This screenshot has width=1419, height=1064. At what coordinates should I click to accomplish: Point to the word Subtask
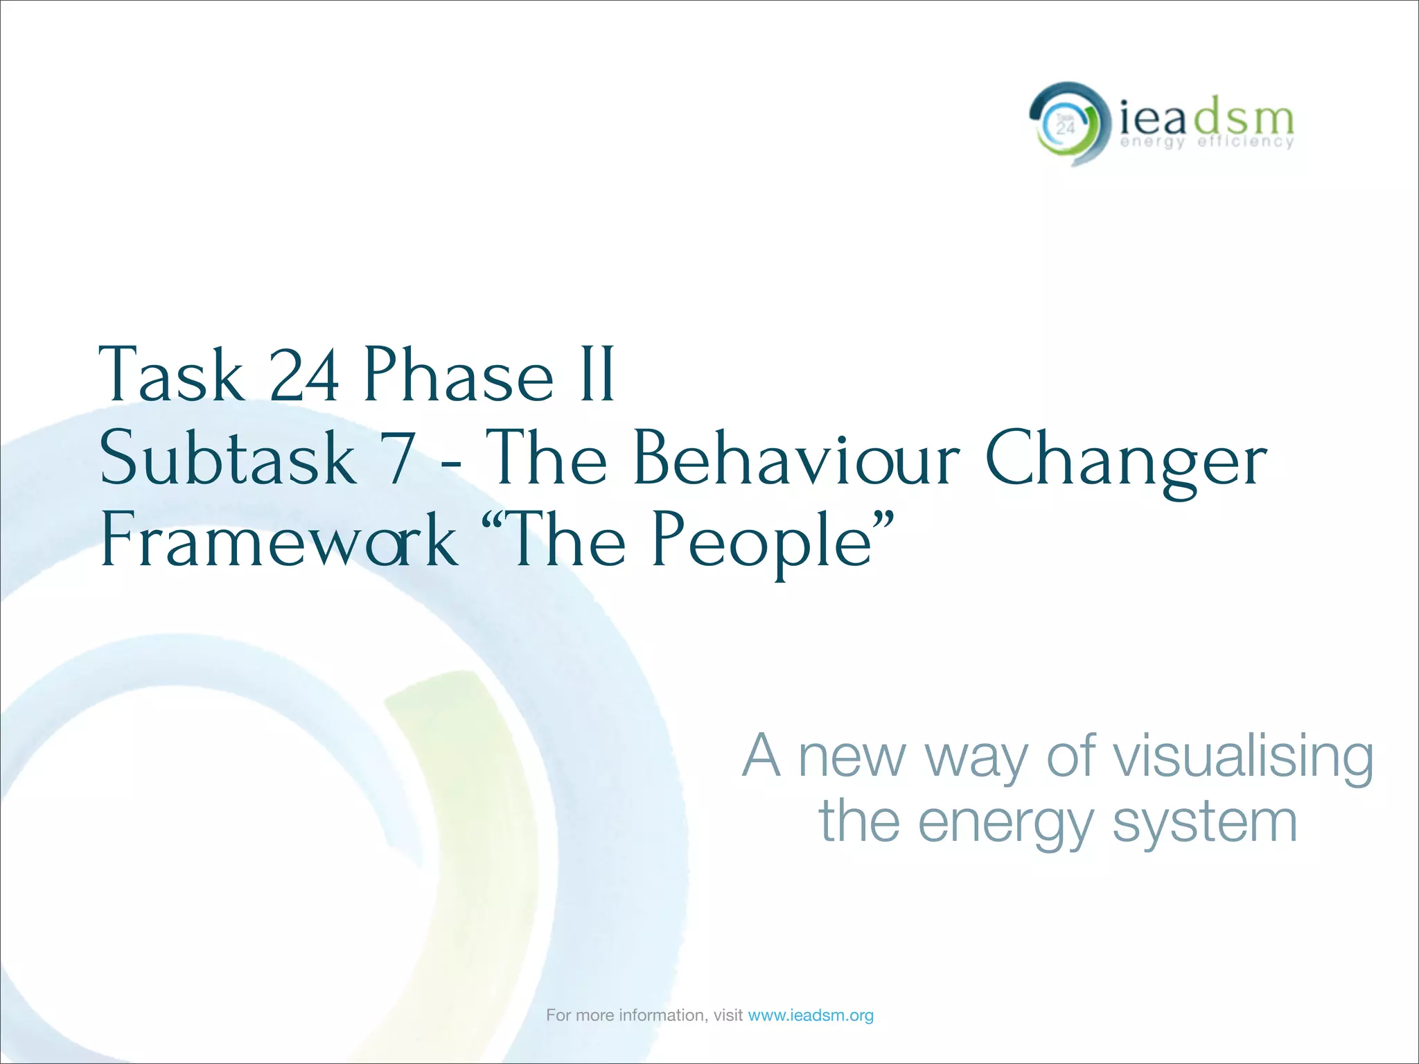pyautogui.click(x=228, y=458)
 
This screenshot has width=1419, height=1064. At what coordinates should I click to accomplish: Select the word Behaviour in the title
pyautogui.click(x=796, y=458)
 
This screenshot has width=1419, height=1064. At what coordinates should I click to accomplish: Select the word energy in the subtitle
pyautogui.click(x=1007, y=824)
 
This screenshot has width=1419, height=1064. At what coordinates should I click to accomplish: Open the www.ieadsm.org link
pyautogui.click(x=811, y=1016)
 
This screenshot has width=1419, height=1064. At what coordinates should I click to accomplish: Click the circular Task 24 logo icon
pyautogui.click(x=1065, y=125)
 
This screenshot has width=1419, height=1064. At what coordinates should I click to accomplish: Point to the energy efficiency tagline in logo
pyautogui.click(x=1206, y=142)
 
